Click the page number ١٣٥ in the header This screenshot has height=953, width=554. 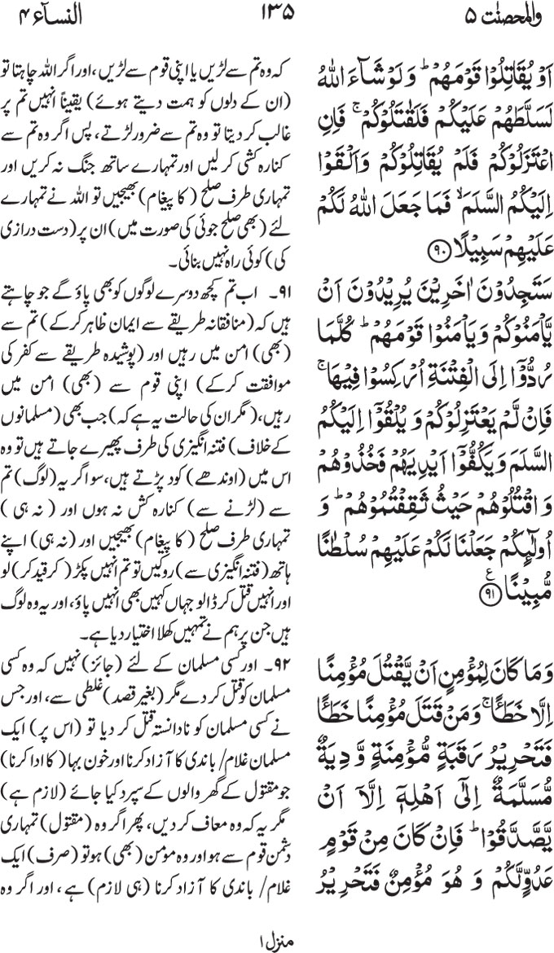pyautogui.click(x=276, y=15)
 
